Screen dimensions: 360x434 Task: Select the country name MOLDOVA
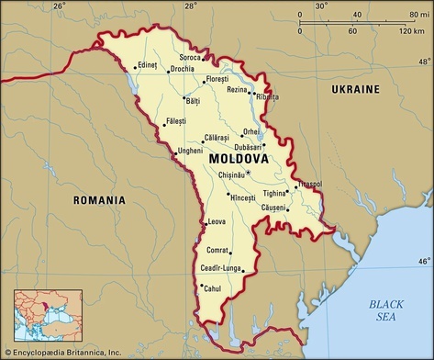239,158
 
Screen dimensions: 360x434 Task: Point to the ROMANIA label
100,199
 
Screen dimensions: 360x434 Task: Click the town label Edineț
147,64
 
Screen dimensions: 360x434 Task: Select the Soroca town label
191,57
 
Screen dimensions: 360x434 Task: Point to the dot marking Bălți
184,98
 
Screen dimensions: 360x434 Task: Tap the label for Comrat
217,250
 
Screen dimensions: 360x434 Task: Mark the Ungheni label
190,150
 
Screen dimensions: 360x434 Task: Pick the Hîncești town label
242,197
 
